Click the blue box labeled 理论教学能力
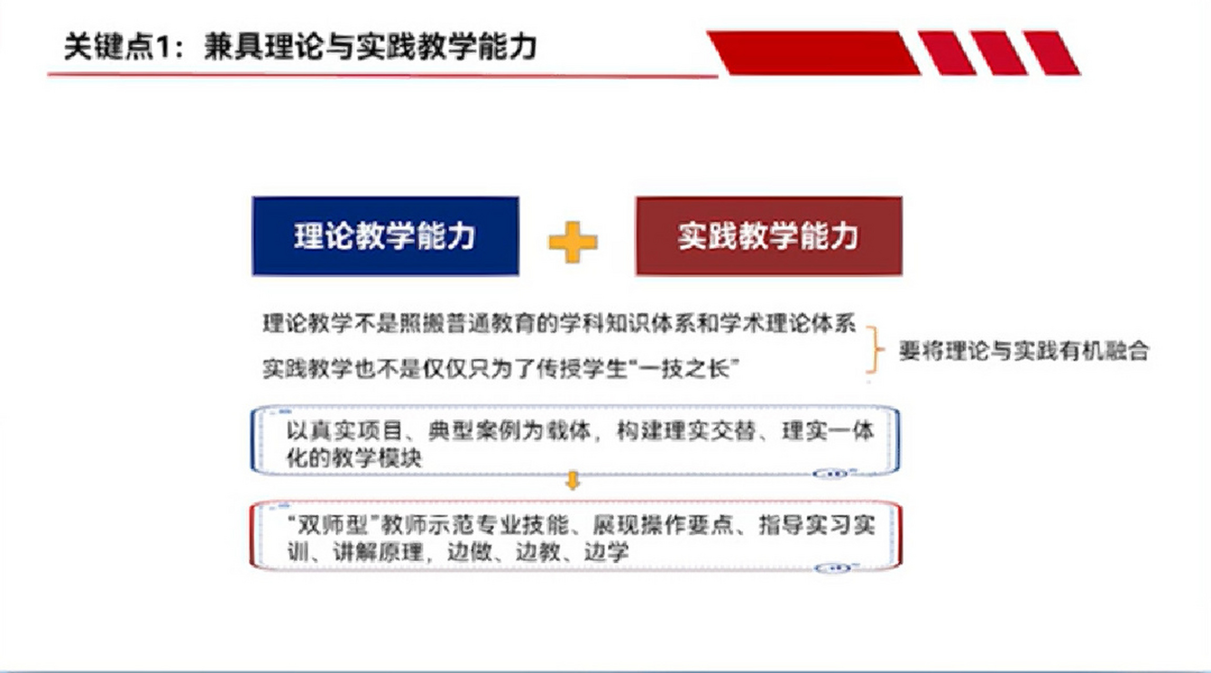385,236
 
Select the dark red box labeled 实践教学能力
769,236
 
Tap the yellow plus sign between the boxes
572,242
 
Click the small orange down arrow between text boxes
572,481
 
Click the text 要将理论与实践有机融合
1023,351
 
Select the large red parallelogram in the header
813,53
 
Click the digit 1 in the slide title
164,47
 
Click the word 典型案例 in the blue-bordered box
472,431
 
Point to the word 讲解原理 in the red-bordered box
378,552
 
